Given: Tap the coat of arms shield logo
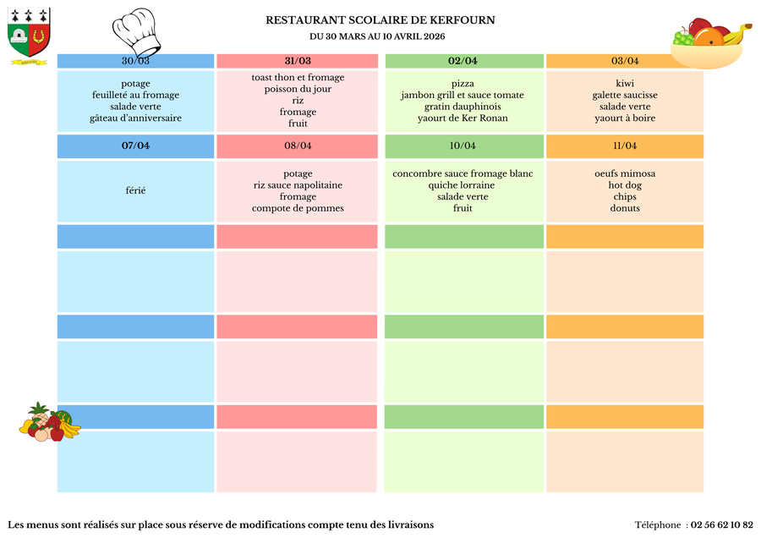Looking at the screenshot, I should (x=29, y=34).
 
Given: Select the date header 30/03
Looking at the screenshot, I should (x=135, y=61).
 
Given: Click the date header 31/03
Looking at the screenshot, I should (x=298, y=61).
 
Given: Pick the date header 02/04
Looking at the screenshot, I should (x=463, y=61).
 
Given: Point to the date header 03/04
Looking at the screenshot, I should (x=625, y=61).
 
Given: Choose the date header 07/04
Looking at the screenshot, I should (x=135, y=145).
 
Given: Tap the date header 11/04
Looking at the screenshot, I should (x=625, y=145).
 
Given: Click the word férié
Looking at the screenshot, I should (x=135, y=191).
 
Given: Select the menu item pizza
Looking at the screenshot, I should (x=463, y=84).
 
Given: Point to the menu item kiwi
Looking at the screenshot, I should (x=625, y=84).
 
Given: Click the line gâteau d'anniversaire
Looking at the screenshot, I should (x=135, y=118).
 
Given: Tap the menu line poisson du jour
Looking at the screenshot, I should (x=298, y=89).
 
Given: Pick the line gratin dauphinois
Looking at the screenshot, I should (x=463, y=107).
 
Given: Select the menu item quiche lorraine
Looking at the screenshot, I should (x=463, y=185).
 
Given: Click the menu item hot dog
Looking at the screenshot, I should (x=625, y=185).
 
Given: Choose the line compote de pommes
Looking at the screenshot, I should (x=298, y=208).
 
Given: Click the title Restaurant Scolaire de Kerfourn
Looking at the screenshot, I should (x=380, y=20).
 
